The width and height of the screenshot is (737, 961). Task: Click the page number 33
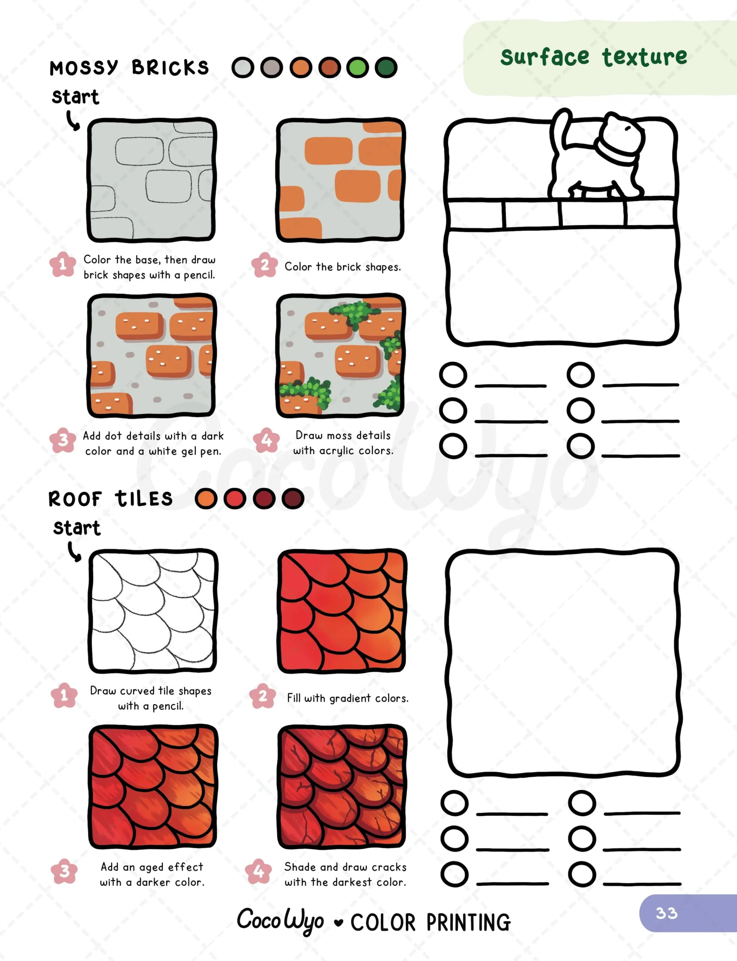tap(666, 913)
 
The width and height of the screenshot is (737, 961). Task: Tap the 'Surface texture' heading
tap(594, 57)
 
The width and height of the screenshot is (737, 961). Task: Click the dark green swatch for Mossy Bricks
tap(386, 68)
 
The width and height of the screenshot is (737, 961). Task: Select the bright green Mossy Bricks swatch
tap(357, 68)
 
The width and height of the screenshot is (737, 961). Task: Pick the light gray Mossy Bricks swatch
tap(243, 68)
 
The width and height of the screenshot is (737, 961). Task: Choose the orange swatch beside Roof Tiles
tap(206, 499)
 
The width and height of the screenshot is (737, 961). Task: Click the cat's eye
tap(628, 128)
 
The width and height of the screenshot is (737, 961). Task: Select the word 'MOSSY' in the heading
tap(84, 68)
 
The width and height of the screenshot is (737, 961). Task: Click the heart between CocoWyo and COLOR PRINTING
tap(338, 922)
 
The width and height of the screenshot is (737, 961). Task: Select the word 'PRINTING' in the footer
tap(469, 922)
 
